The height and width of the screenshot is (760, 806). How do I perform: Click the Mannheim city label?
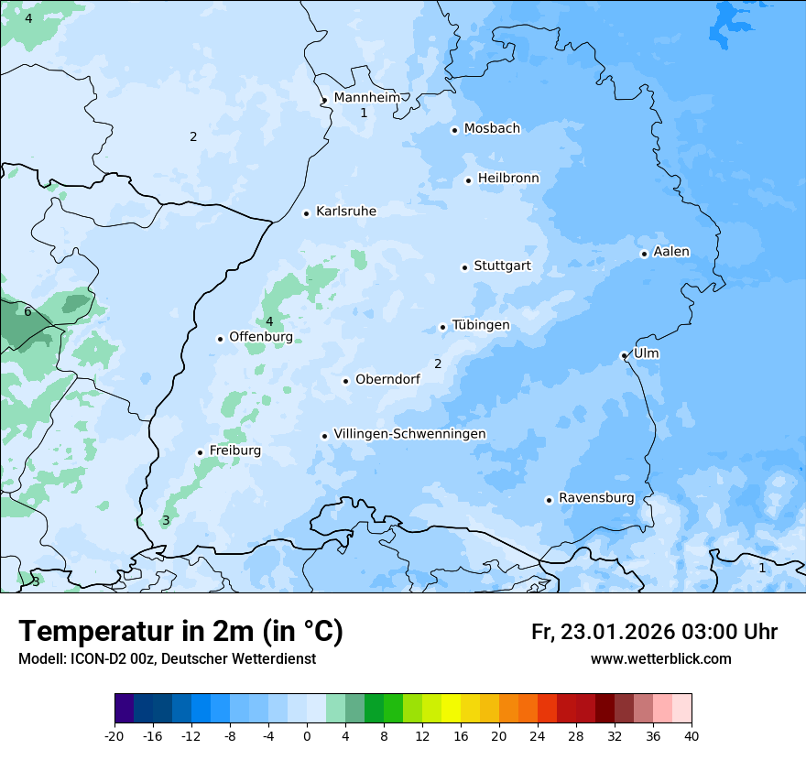tap(366, 97)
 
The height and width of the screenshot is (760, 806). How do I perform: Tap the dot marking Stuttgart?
tap(465, 267)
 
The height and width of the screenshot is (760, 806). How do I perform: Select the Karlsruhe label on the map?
tap(346, 212)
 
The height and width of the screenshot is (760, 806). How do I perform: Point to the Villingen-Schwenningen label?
tap(409, 434)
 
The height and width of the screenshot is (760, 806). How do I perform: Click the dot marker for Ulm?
tap(624, 355)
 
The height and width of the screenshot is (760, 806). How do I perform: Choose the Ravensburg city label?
tap(596, 498)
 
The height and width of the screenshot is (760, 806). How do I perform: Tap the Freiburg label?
tap(235, 451)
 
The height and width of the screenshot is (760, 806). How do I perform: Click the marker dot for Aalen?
tap(644, 254)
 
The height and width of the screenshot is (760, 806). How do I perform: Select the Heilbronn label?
tap(508, 179)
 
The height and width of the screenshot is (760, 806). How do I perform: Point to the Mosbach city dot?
tap(454, 130)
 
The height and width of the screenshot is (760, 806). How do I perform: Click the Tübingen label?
tap(481, 325)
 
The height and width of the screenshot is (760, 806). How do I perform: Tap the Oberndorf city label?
tap(387, 379)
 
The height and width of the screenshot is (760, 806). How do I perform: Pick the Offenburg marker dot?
tap(220, 339)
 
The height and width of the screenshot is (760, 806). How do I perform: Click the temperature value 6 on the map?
tap(27, 312)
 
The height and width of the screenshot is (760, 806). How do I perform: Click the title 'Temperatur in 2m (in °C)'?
tap(180, 632)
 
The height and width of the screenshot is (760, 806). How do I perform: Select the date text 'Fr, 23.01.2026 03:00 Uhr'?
tap(654, 632)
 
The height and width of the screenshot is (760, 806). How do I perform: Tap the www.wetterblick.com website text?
tap(660, 659)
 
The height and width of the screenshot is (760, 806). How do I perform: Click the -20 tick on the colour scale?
tap(114, 736)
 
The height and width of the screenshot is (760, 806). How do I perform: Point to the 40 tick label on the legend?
tap(691, 736)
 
